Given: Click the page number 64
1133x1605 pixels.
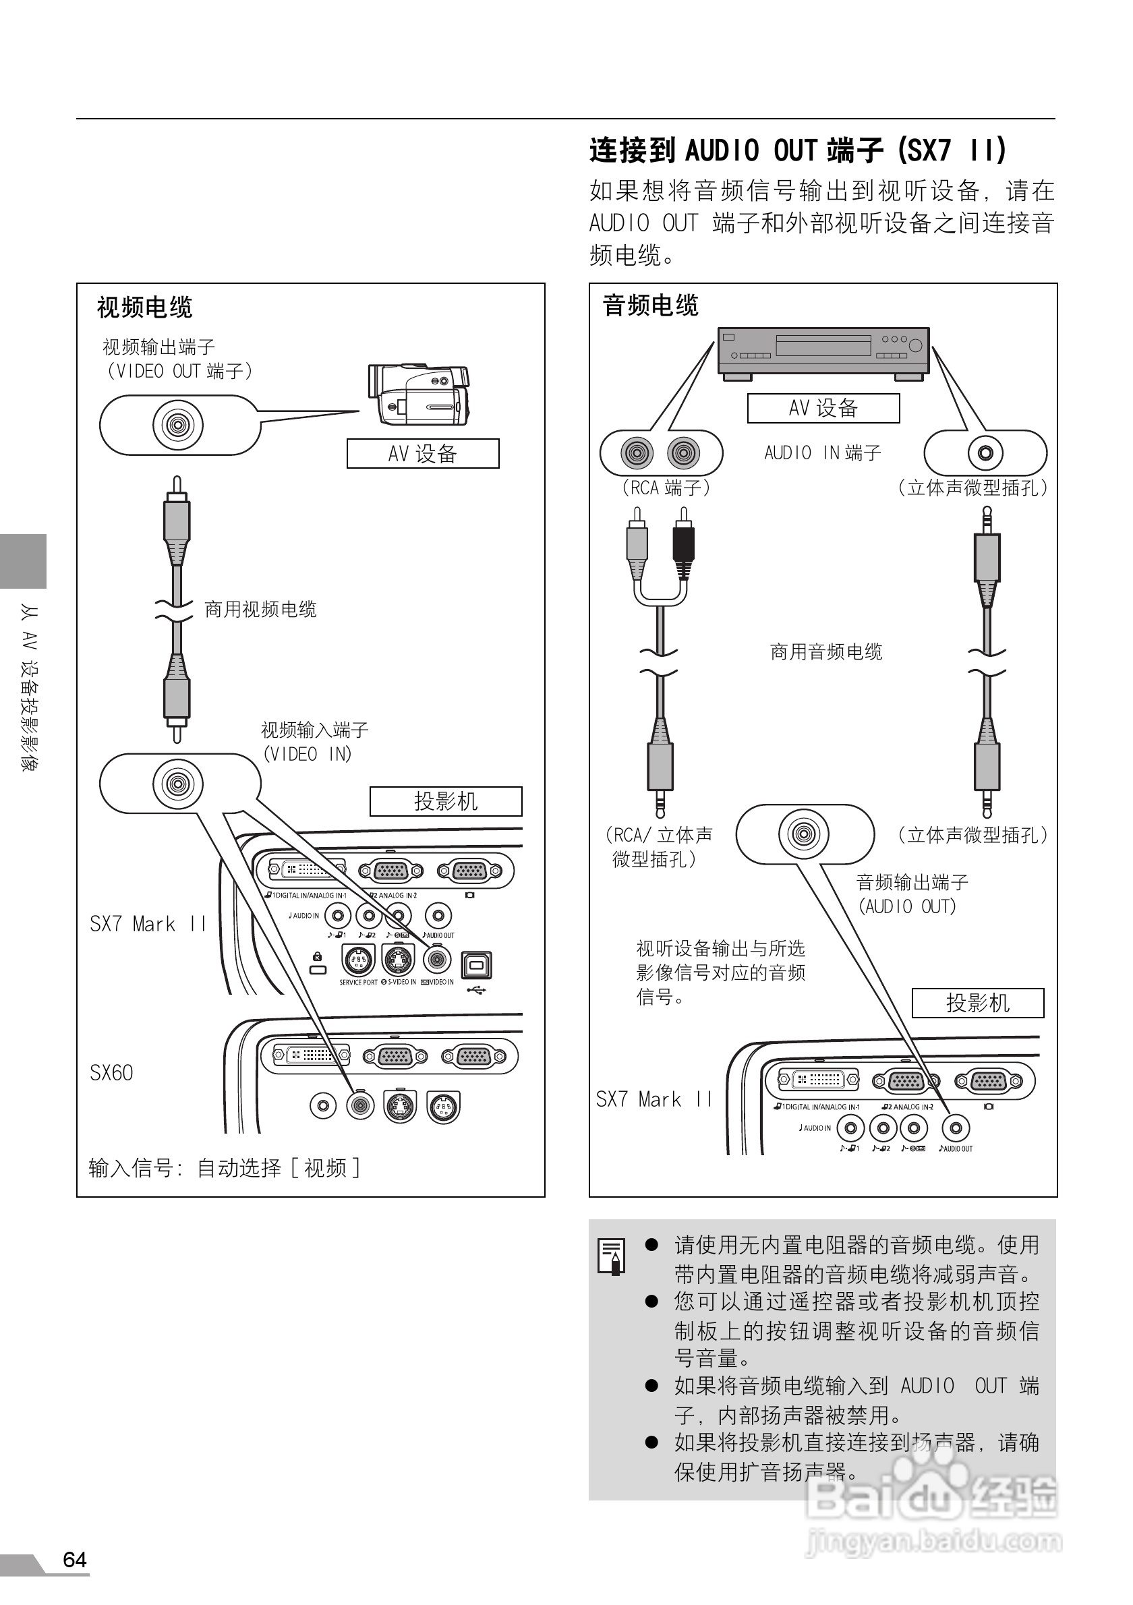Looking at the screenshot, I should pyautogui.click(x=74, y=1560).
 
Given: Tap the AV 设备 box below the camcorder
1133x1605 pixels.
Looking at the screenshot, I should pyautogui.click(x=423, y=454).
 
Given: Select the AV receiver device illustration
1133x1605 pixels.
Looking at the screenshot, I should pyautogui.click(x=823, y=352).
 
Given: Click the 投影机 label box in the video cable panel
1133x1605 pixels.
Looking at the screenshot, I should pyautogui.click(x=445, y=801).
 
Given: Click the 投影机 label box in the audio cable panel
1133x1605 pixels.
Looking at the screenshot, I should pyautogui.click(x=977, y=1003).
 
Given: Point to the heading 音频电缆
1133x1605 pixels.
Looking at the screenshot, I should pyautogui.click(x=650, y=305).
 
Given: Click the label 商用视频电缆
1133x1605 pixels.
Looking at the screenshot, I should pyautogui.click(x=260, y=610).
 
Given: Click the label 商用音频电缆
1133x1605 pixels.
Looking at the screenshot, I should pyautogui.click(x=825, y=652).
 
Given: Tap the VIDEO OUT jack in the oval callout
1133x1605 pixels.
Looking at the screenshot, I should pyautogui.click(x=177, y=425).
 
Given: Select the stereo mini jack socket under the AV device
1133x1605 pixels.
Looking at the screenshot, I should pyautogui.click(x=985, y=453).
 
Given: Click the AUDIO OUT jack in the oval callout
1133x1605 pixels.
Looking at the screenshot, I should pyautogui.click(x=803, y=834).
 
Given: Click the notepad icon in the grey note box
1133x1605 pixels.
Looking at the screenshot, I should pyautogui.click(x=612, y=1256).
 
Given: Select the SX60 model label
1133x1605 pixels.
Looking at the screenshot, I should pyautogui.click(x=111, y=1073).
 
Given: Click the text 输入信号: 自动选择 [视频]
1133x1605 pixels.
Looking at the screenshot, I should pyautogui.click(x=224, y=1168).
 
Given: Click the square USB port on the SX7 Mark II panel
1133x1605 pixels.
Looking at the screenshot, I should pyautogui.click(x=476, y=964).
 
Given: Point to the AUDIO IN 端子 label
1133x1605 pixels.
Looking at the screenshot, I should pyautogui.click(x=822, y=453).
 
